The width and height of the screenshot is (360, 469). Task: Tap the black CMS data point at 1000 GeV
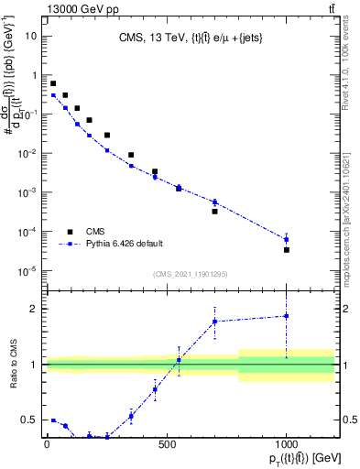pos(287,249)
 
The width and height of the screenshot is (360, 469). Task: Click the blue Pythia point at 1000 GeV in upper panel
pos(287,239)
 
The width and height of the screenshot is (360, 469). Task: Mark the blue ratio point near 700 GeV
pos(214,322)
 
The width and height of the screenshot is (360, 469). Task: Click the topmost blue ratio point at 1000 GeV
pos(287,316)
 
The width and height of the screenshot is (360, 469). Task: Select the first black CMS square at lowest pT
pos(53,83)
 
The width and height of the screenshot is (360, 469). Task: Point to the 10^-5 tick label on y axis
pos(28,270)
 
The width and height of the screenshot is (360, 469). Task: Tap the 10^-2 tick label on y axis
pos(28,153)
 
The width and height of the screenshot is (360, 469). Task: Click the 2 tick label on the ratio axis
pos(35,308)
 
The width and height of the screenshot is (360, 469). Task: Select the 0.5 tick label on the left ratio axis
pos(30,420)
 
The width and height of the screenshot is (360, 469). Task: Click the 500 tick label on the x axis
pos(167,445)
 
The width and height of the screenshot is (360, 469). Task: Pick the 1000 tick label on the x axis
pos(287,445)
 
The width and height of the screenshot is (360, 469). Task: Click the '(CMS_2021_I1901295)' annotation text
pos(190,274)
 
